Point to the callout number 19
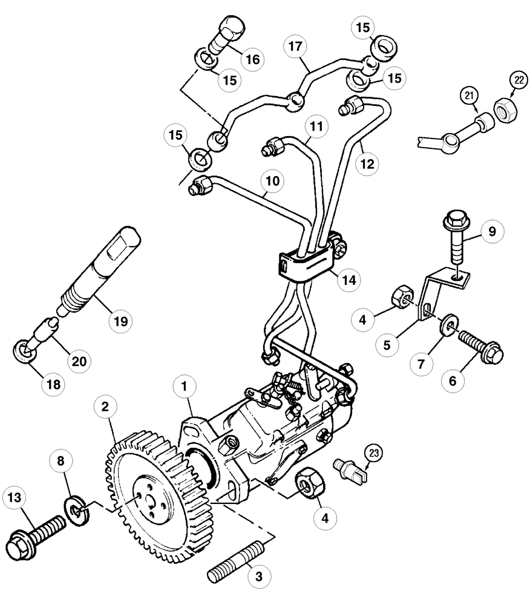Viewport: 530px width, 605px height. (x=121, y=321)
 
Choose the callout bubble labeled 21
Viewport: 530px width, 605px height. (x=469, y=96)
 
